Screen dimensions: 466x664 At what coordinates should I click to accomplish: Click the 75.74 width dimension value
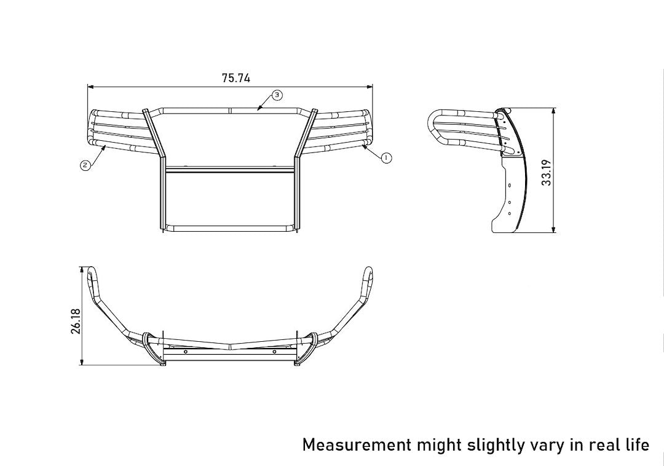click(236, 78)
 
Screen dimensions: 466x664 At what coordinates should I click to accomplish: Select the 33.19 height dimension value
click(547, 172)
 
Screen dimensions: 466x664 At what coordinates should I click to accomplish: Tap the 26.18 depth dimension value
click(76, 321)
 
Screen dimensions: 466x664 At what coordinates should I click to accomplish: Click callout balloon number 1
click(386, 157)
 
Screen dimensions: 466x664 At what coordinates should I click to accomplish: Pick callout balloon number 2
click(85, 164)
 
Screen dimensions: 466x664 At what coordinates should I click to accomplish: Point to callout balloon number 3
click(277, 95)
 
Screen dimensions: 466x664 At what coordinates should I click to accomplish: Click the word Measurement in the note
click(357, 444)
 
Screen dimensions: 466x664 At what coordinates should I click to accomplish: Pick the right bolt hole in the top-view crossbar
click(274, 352)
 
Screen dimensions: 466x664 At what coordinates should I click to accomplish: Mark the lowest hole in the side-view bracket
click(510, 213)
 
